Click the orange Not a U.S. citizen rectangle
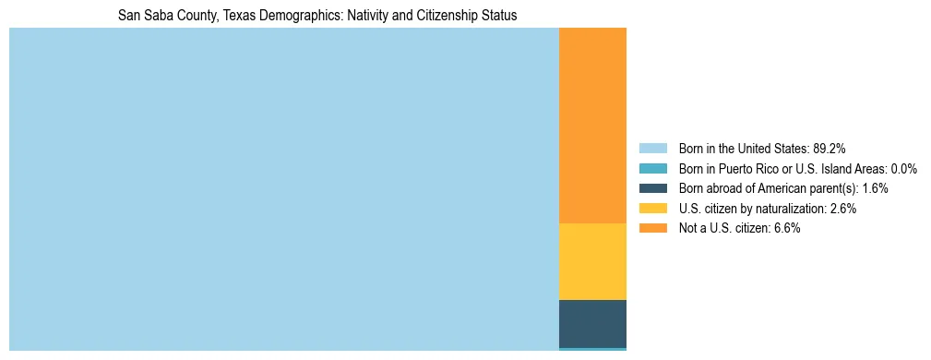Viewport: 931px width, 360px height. (592, 126)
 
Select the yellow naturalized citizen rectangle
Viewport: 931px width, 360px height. (592, 261)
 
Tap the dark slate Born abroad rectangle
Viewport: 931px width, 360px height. (592, 323)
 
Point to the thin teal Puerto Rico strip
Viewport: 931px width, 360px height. (592, 349)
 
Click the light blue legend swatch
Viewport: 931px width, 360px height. (652, 148)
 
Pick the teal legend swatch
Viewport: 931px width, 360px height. (652, 168)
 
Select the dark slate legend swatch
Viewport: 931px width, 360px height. (652, 188)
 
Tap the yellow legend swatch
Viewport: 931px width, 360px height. (652, 209)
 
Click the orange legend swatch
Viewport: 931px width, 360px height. (652, 229)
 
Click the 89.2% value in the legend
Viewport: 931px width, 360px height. (829, 148)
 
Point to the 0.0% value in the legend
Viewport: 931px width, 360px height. (902, 168)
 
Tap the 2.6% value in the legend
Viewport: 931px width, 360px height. (841, 209)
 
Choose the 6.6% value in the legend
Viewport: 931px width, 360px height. (785, 229)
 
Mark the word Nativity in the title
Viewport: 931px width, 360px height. (367, 16)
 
